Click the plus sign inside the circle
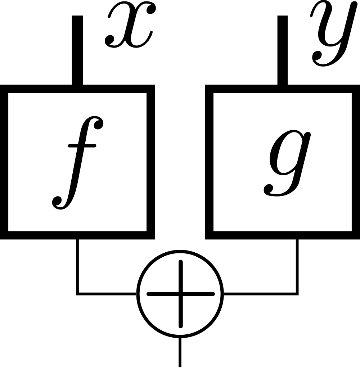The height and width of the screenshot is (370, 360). tap(180, 294)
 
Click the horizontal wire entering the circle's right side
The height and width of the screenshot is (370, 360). tap(260, 294)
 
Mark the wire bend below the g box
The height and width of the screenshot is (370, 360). tap(297, 294)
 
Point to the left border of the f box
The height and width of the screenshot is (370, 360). tap(4, 162)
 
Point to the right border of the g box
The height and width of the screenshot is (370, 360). tap(356, 162)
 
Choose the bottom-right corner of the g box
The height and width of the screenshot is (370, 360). tap(356, 235)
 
